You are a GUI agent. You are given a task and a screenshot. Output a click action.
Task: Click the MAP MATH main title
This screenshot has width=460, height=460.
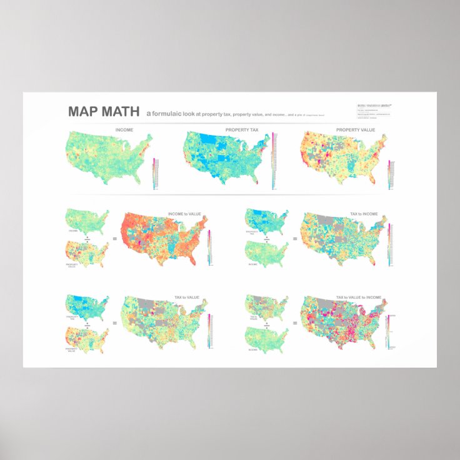pyautogui.click(x=104, y=112)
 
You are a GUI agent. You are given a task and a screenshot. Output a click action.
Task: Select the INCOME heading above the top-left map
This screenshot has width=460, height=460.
pyautogui.click(x=124, y=129)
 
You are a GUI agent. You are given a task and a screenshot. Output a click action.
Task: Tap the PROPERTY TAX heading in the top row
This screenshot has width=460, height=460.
pyautogui.click(x=241, y=129)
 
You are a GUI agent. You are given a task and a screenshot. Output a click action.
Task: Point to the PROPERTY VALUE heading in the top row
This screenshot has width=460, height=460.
pyautogui.click(x=356, y=129)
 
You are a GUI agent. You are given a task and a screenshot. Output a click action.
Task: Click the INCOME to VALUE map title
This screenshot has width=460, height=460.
pyautogui.click(x=184, y=214)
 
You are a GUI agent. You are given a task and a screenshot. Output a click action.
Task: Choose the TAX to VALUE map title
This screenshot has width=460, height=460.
pyautogui.click(x=187, y=298)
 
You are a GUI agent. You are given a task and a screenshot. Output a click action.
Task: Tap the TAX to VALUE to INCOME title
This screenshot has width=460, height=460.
pyautogui.click(x=358, y=298)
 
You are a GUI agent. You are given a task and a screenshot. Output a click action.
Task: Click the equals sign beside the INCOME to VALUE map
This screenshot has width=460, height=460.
pyautogui.click(x=114, y=238)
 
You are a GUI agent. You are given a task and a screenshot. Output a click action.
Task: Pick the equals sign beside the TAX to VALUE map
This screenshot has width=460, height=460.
pyautogui.click(x=114, y=322)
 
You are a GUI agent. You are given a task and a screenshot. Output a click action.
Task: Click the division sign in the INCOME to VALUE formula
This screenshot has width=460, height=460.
pyautogui.click(x=87, y=238)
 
